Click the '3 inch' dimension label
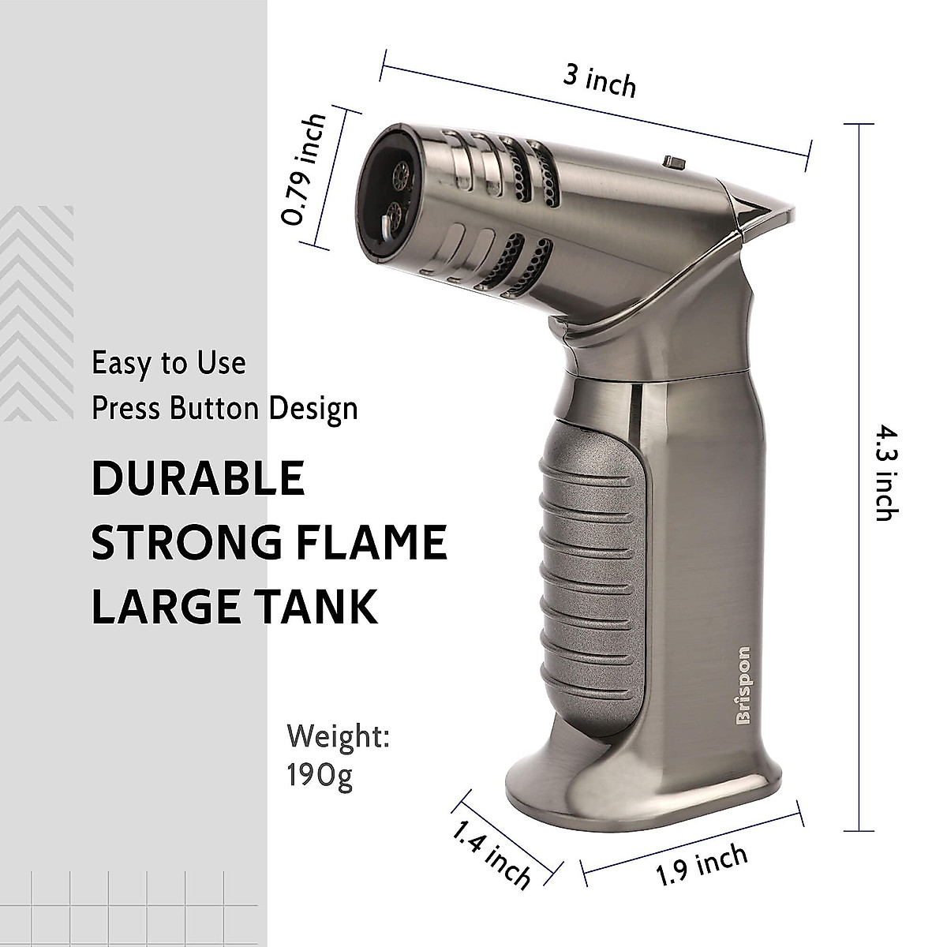[599, 81]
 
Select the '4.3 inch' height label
[888, 475]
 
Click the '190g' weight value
[320, 777]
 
